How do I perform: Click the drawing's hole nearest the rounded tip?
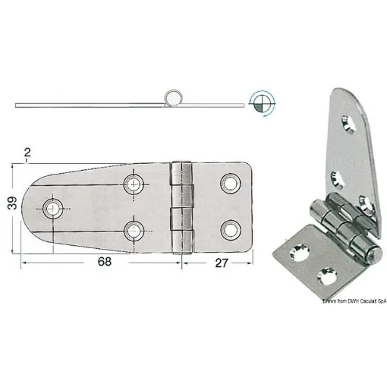(x=53, y=207)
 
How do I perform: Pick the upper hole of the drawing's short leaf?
(x=229, y=182)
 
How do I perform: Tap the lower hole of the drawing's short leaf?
(x=229, y=228)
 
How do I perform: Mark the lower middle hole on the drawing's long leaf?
(x=136, y=229)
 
